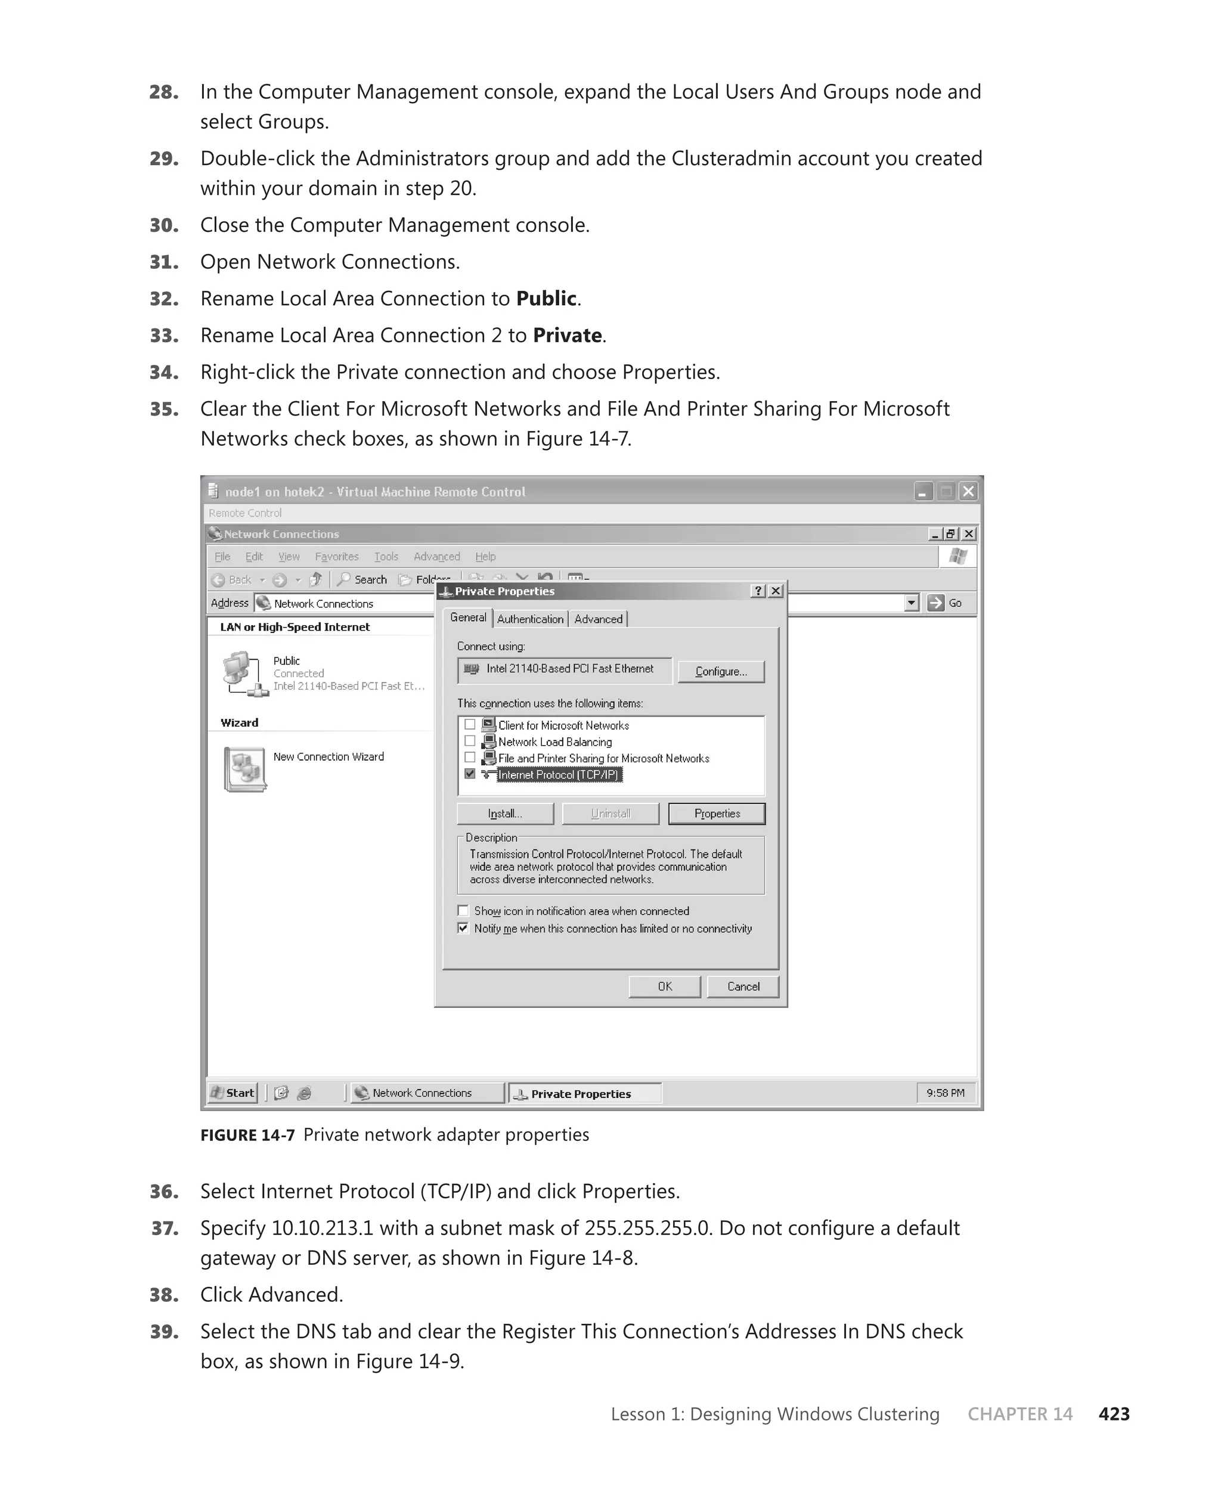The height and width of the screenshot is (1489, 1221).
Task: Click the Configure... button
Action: pos(721,671)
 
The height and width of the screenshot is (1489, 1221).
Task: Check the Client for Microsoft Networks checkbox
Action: pos(470,724)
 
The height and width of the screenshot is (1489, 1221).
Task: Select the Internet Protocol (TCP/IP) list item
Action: pos(559,775)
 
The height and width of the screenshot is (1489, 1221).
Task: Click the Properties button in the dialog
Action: pos(717,814)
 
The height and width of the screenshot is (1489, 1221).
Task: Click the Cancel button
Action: pos(743,987)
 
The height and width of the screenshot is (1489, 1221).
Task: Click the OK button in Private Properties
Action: pos(665,987)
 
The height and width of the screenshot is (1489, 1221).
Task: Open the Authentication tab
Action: pos(531,619)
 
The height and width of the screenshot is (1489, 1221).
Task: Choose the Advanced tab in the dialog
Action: pos(598,619)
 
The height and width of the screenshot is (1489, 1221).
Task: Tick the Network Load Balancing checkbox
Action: pos(470,741)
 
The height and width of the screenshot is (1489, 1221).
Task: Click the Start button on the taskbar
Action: pos(233,1093)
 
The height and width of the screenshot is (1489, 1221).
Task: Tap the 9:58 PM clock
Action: pos(946,1093)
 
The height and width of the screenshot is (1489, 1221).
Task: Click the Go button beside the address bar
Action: pos(946,603)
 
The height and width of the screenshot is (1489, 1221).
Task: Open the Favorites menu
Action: pos(336,556)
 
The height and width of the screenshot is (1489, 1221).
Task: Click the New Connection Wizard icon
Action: pos(244,768)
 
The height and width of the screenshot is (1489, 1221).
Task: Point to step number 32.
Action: pos(164,299)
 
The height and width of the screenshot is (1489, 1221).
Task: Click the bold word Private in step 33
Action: pos(567,336)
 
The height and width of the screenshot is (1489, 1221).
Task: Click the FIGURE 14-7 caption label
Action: pos(247,1136)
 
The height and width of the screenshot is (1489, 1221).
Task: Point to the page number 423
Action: pos(1114,1414)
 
